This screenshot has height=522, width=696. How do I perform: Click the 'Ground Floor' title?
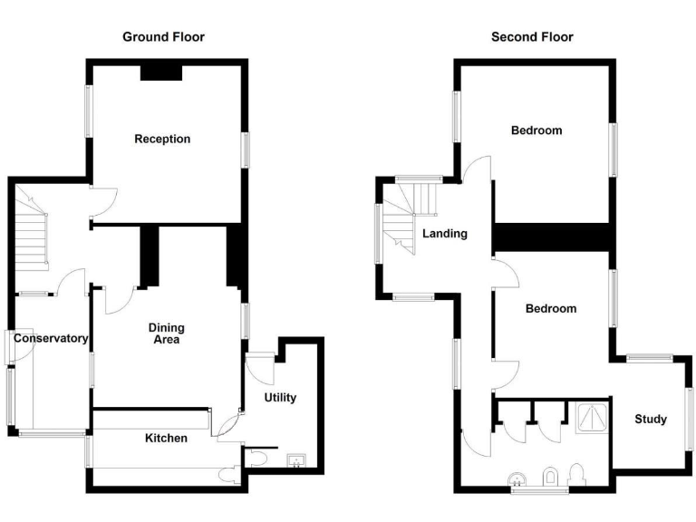point(163,37)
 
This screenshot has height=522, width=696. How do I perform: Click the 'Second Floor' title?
point(532,37)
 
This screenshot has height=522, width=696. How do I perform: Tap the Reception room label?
point(162,139)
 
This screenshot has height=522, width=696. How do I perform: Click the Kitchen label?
point(167,439)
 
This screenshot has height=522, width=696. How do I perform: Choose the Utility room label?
point(279,398)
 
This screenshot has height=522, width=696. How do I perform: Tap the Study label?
point(650,419)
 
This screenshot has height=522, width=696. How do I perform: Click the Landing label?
point(445,234)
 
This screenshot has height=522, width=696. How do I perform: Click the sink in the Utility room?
point(296,460)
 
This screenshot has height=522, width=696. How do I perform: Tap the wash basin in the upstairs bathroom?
point(517,478)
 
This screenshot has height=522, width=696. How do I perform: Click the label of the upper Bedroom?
point(536,130)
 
